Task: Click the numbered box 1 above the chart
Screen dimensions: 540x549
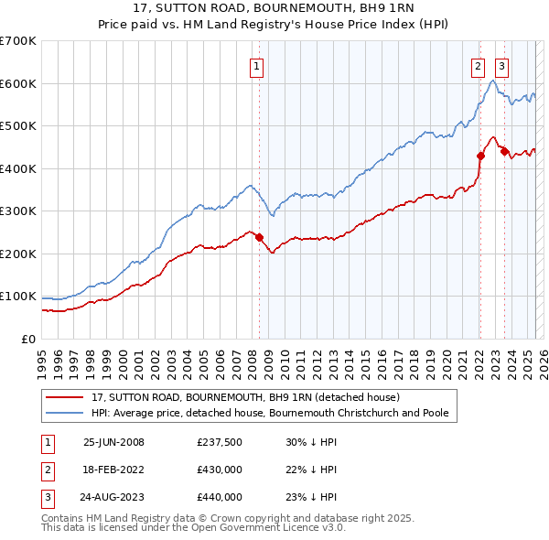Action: pos(256,66)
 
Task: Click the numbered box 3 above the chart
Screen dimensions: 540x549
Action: pos(502,66)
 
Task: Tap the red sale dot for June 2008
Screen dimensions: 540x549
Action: pos(259,238)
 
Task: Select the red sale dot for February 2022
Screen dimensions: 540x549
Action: pos(479,156)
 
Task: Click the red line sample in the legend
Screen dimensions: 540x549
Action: pos(65,398)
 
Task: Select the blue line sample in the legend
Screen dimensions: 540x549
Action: pos(65,414)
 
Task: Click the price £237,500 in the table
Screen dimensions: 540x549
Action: pos(219,442)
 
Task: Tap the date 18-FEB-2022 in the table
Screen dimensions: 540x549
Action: pos(113,470)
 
